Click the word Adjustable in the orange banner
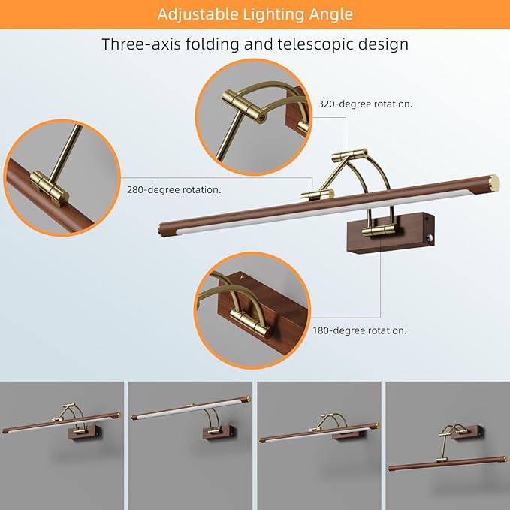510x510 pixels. pos(198,14)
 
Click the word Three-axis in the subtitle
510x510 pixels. pos(141,44)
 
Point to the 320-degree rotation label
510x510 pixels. pos(365,104)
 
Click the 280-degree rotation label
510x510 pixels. pos(174,189)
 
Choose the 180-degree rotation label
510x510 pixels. pos(360,330)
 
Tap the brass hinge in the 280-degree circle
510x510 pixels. pos(50,189)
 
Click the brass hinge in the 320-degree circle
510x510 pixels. pos(244,104)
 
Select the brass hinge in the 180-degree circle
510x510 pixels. pos(250,324)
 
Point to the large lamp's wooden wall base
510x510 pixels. pos(391,233)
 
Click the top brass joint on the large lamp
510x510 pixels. pos(350,154)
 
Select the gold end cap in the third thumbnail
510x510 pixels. pos(376,424)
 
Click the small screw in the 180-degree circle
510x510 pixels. pos(243,277)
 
